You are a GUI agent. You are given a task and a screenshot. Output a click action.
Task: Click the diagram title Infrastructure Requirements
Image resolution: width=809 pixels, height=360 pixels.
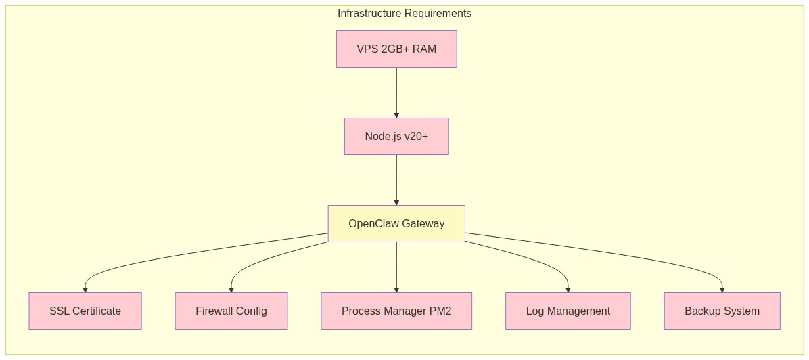point(404,14)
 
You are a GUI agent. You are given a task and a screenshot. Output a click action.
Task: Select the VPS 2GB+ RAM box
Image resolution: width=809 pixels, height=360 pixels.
point(396,49)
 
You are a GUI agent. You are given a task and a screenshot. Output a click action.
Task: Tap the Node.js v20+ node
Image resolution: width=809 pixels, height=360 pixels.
point(396,136)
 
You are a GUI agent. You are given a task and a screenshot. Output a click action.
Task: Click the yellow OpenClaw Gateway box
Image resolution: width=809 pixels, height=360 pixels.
point(396,223)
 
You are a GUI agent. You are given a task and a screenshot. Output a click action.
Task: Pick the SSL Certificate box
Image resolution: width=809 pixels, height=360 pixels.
point(85,311)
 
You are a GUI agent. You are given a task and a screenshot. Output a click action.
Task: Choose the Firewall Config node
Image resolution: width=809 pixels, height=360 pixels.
point(231,311)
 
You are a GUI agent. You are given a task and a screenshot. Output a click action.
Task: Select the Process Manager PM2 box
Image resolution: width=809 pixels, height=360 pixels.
point(396,311)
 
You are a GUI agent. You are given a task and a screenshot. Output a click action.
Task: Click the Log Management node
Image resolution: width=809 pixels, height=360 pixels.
point(568,311)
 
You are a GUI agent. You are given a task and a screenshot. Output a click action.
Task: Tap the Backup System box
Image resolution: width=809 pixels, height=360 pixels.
point(722,311)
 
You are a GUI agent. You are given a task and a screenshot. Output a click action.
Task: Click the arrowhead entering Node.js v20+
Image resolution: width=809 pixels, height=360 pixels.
point(396,116)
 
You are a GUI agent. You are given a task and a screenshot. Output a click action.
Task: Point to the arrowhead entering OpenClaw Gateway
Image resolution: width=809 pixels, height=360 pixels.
point(396,203)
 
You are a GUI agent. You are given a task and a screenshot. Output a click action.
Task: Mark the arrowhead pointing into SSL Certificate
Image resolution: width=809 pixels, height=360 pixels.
point(85,290)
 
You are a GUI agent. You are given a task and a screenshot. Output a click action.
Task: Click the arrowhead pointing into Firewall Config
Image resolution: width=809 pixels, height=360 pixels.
point(231,290)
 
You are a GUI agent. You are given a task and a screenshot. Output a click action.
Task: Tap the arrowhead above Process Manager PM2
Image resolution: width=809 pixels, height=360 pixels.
point(396,290)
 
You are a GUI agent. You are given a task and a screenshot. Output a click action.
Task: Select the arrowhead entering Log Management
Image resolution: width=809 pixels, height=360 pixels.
point(568,290)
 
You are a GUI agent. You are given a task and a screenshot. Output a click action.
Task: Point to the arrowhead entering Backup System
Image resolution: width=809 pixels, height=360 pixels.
point(722,290)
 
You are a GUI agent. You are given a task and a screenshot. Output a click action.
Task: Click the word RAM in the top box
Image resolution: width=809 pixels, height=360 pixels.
point(424,49)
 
